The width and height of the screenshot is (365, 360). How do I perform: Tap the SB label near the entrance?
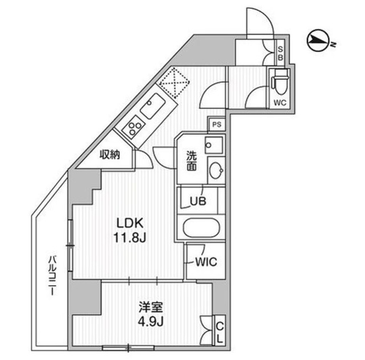point(280,53)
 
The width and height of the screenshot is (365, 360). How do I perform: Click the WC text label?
point(280,103)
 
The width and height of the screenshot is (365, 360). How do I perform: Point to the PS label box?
point(216,124)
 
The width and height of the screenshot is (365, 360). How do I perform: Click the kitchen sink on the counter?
point(152,107)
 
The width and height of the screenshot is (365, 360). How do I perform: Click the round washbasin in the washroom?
point(216,169)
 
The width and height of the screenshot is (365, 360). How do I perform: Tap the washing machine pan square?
point(214,145)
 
